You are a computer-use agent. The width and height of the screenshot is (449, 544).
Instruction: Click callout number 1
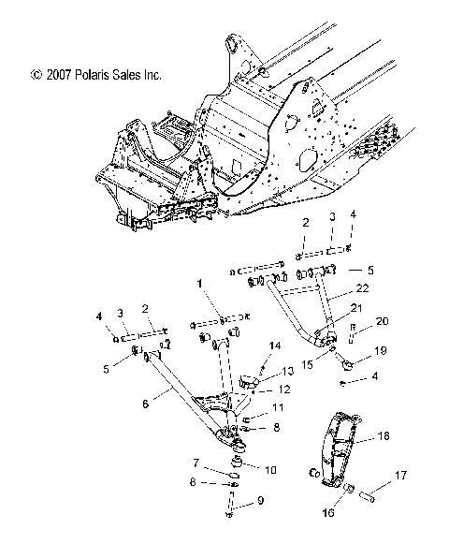(x=199, y=282)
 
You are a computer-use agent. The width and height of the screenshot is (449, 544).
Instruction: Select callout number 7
(x=195, y=462)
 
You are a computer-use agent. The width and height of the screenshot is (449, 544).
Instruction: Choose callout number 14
(x=275, y=347)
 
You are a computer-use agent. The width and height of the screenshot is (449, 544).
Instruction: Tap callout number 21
(x=354, y=308)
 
